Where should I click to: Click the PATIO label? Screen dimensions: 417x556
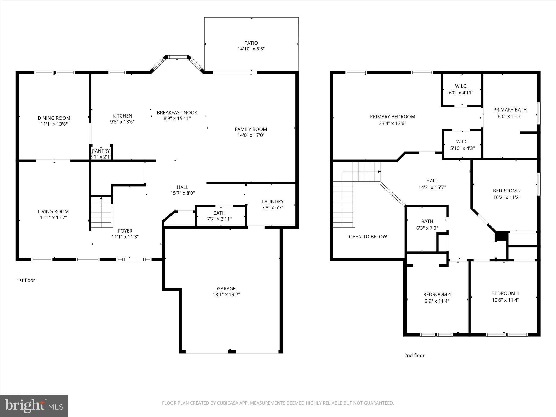pyautogui.click(x=251, y=43)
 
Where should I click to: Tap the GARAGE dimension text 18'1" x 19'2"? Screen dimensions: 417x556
pyautogui.click(x=226, y=294)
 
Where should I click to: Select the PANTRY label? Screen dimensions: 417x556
pyautogui.click(x=101, y=151)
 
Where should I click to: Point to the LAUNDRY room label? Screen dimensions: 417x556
pyautogui.click(x=273, y=201)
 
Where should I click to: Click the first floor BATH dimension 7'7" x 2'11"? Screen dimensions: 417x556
pyautogui.click(x=219, y=219)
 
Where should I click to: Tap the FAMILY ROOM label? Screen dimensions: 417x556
pyautogui.click(x=251, y=129)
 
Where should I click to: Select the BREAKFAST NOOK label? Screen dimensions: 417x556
pyautogui.click(x=177, y=112)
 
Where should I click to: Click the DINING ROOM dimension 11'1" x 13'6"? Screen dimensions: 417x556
pyautogui.click(x=54, y=124)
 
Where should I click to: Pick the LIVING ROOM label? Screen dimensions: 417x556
pyautogui.click(x=53, y=211)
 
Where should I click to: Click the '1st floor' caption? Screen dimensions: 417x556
pyautogui.click(x=26, y=280)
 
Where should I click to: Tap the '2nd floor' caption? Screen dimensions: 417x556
pyautogui.click(x=414, y=355)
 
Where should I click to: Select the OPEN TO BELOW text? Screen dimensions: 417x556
pyautogui.click(x=368, y=236)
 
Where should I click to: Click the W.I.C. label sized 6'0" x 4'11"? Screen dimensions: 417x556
pyautogui.click(x=461, y=86)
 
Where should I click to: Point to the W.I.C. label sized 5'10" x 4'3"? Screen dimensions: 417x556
pyautogui.click(x=462, y=142)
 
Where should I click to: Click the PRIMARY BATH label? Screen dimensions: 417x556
pyautogui.click(x=510, y=110)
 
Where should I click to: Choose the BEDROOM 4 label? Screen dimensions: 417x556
pyautogui.click(x=437, y=294)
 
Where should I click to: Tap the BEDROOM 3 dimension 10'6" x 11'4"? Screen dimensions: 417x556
pyautogui.click(x=505, y=300)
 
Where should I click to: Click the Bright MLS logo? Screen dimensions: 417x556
pyautogui.click(x=34, y=406)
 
